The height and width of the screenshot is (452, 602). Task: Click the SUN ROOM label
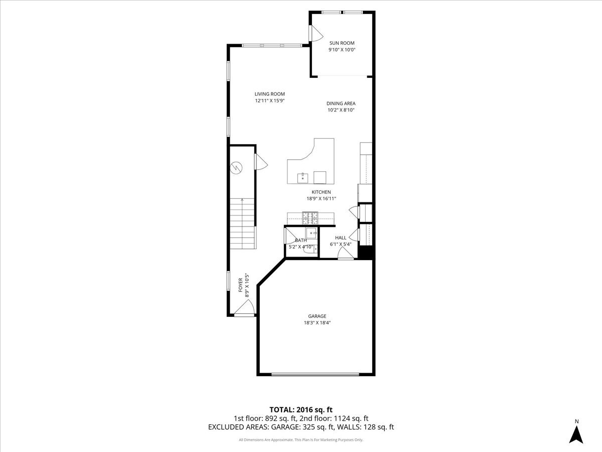click(x=341, y=43)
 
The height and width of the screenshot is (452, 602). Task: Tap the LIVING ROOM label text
click(x=269, y=94)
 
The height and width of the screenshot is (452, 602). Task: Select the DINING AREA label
click(x=341, y=103)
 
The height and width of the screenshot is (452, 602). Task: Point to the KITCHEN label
click(x=321, y=192)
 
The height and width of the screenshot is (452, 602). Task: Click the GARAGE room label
click(x=317, y=316)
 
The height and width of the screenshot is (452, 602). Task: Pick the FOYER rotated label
click(x=240, y=285)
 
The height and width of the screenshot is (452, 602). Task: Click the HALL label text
click(x=341, y=238)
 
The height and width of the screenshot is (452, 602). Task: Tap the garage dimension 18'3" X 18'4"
click(x=317, y=323)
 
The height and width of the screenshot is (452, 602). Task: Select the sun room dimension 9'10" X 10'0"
click(x=341, y=50)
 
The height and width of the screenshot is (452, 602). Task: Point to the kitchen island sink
click(x=303, y=177)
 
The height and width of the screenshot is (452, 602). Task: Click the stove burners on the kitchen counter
click(x=310, y=217)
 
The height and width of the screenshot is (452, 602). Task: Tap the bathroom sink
click(x=312, y=233)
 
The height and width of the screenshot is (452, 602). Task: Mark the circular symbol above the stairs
click(x=236, y=168)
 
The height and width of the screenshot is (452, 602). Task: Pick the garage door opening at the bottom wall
click(x=315, y=374)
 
